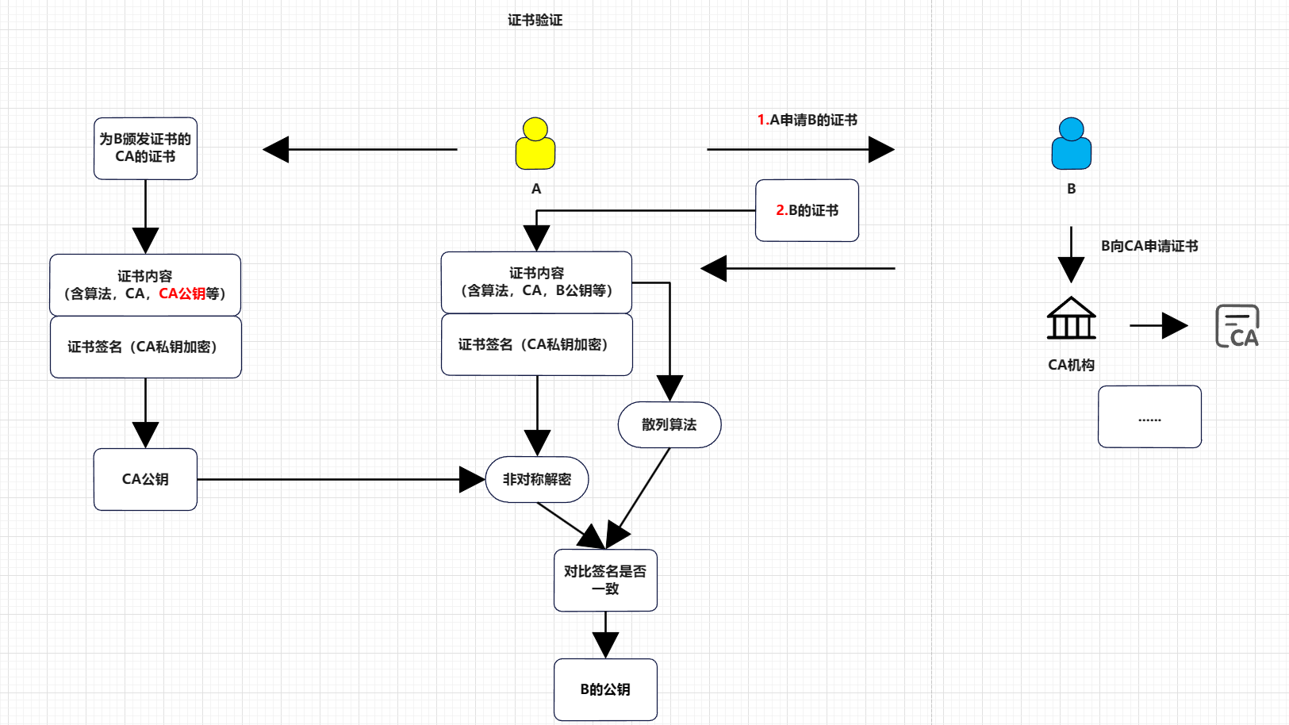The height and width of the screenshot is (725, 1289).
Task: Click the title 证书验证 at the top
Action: click(x=535, y=20)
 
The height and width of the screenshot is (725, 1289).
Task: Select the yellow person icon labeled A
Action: click(x=535, y=144)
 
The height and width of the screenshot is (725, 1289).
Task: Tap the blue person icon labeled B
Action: click(x=1071, y=144)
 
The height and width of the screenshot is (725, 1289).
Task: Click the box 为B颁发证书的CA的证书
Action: click(x=145, y=148)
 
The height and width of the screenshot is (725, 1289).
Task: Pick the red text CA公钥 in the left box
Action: click(x=182, y=293)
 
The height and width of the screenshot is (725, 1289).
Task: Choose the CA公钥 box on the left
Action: click(x=145, y=479)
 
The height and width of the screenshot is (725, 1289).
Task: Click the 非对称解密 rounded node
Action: click(x=537, y=479)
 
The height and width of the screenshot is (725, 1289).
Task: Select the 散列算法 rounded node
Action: click(x=669, y=424)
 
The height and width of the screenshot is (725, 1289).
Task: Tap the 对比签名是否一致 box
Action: click(x=605, y=580)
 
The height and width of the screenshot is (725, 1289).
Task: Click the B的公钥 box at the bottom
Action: click(x=605, y=689)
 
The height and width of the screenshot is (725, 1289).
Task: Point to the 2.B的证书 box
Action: click(x=807, y=210)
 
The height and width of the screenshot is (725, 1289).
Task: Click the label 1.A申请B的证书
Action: click(x=807, y=120)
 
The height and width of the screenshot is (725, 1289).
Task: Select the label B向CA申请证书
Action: click(x=1149, y=246)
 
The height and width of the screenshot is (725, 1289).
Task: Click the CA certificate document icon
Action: click(x=1237, y=326)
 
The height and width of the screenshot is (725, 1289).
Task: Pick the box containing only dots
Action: click(x=1149, y=416)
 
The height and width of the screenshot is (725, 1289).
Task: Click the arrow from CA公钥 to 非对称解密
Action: click(x=333, y=479)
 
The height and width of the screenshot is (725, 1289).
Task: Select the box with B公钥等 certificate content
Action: click(x=537, y=282)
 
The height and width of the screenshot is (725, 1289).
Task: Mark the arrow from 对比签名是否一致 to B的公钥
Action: click(x=605, y=635)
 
